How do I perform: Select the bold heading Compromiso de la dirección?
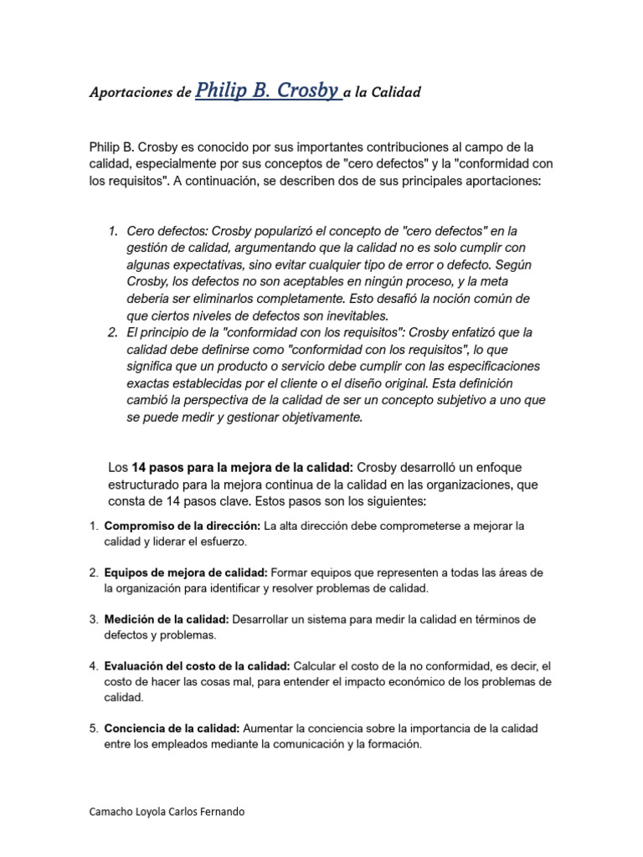click(182, 526)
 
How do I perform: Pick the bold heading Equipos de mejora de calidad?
click(185, 572)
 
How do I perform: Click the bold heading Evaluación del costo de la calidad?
click(197, 666)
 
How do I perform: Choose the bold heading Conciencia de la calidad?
click(172, 728)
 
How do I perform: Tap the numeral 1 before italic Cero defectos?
click(113, 231)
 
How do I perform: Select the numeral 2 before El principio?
click(113, 332)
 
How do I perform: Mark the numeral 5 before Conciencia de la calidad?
click(94, 728)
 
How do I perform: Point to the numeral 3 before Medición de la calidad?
click(94, 619)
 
